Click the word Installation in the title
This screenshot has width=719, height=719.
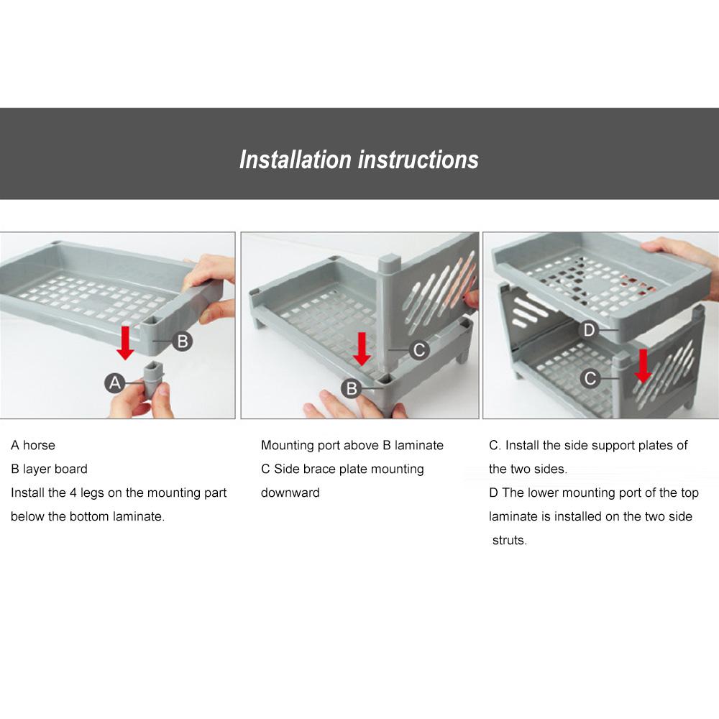point(296,160)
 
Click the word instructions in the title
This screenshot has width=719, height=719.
point(418,160)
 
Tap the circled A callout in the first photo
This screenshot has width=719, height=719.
point(114,383)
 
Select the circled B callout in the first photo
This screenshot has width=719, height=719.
point(182,341)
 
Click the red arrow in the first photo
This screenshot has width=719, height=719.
point(124,343)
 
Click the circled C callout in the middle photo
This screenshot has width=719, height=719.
point(419,350)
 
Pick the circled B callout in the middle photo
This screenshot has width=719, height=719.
point(352,388)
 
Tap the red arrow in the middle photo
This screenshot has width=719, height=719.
point(362,349)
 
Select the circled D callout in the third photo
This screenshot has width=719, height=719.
point(590,330)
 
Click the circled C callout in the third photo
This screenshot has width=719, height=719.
point(590,378)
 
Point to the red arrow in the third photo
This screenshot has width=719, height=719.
point(644,365)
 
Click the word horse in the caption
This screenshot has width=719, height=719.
point(39,445)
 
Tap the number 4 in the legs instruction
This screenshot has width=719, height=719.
point(73,493)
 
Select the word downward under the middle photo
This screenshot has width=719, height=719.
point(290,493)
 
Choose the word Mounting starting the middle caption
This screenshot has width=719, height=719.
point(287,446)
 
